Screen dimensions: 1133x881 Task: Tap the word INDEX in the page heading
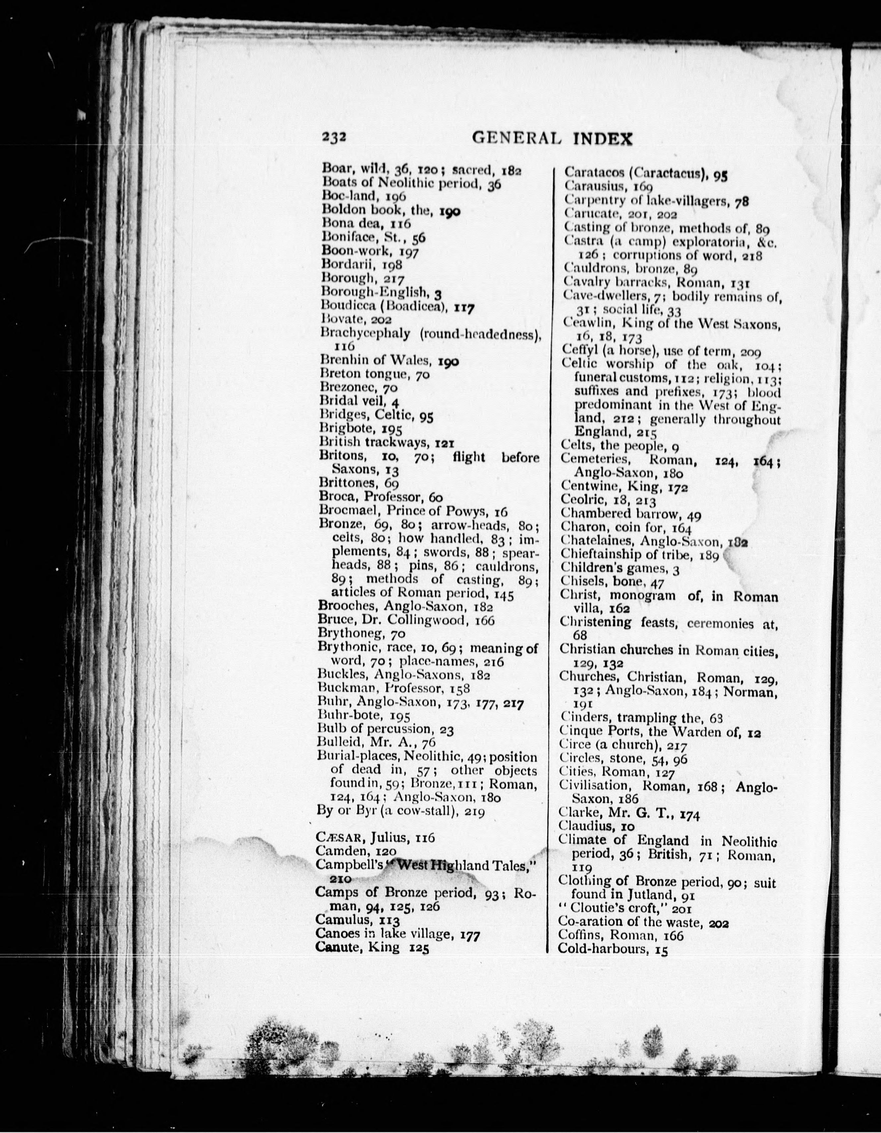[603, 139]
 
